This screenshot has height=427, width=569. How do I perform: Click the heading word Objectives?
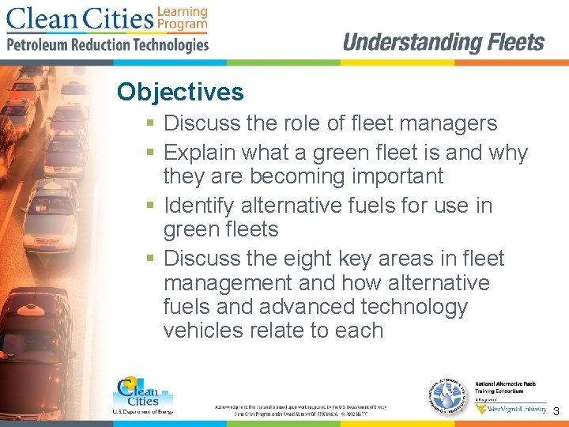coord(180,93)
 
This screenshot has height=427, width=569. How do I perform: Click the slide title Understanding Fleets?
coord(443,43)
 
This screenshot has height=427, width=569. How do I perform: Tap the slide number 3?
coord(556,411)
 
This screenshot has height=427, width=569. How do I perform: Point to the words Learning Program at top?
coord(183,18)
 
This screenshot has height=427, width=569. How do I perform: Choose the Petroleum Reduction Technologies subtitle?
coord(107,45)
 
